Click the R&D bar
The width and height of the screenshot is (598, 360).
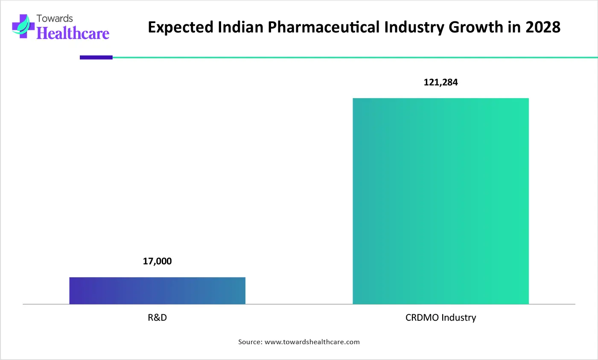(157, 290)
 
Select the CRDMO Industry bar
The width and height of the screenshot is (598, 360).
(440, 201)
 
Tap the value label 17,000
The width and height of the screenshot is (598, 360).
(157, 261)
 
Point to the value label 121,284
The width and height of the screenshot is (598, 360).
(440, 82)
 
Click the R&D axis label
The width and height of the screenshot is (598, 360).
(157, 318)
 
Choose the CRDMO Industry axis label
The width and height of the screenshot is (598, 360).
(440, 318)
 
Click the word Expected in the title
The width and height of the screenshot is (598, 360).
(180, 27)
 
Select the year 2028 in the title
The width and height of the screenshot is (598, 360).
(543, 27)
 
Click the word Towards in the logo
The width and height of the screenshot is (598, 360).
(55, 18)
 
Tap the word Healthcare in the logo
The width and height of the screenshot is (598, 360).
(73, 33)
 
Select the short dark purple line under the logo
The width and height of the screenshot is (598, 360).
(96, 57)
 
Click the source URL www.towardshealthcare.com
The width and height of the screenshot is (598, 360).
(312, 342)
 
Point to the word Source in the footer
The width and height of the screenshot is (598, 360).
(250, 342)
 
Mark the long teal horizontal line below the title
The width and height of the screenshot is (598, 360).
(354, 57)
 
